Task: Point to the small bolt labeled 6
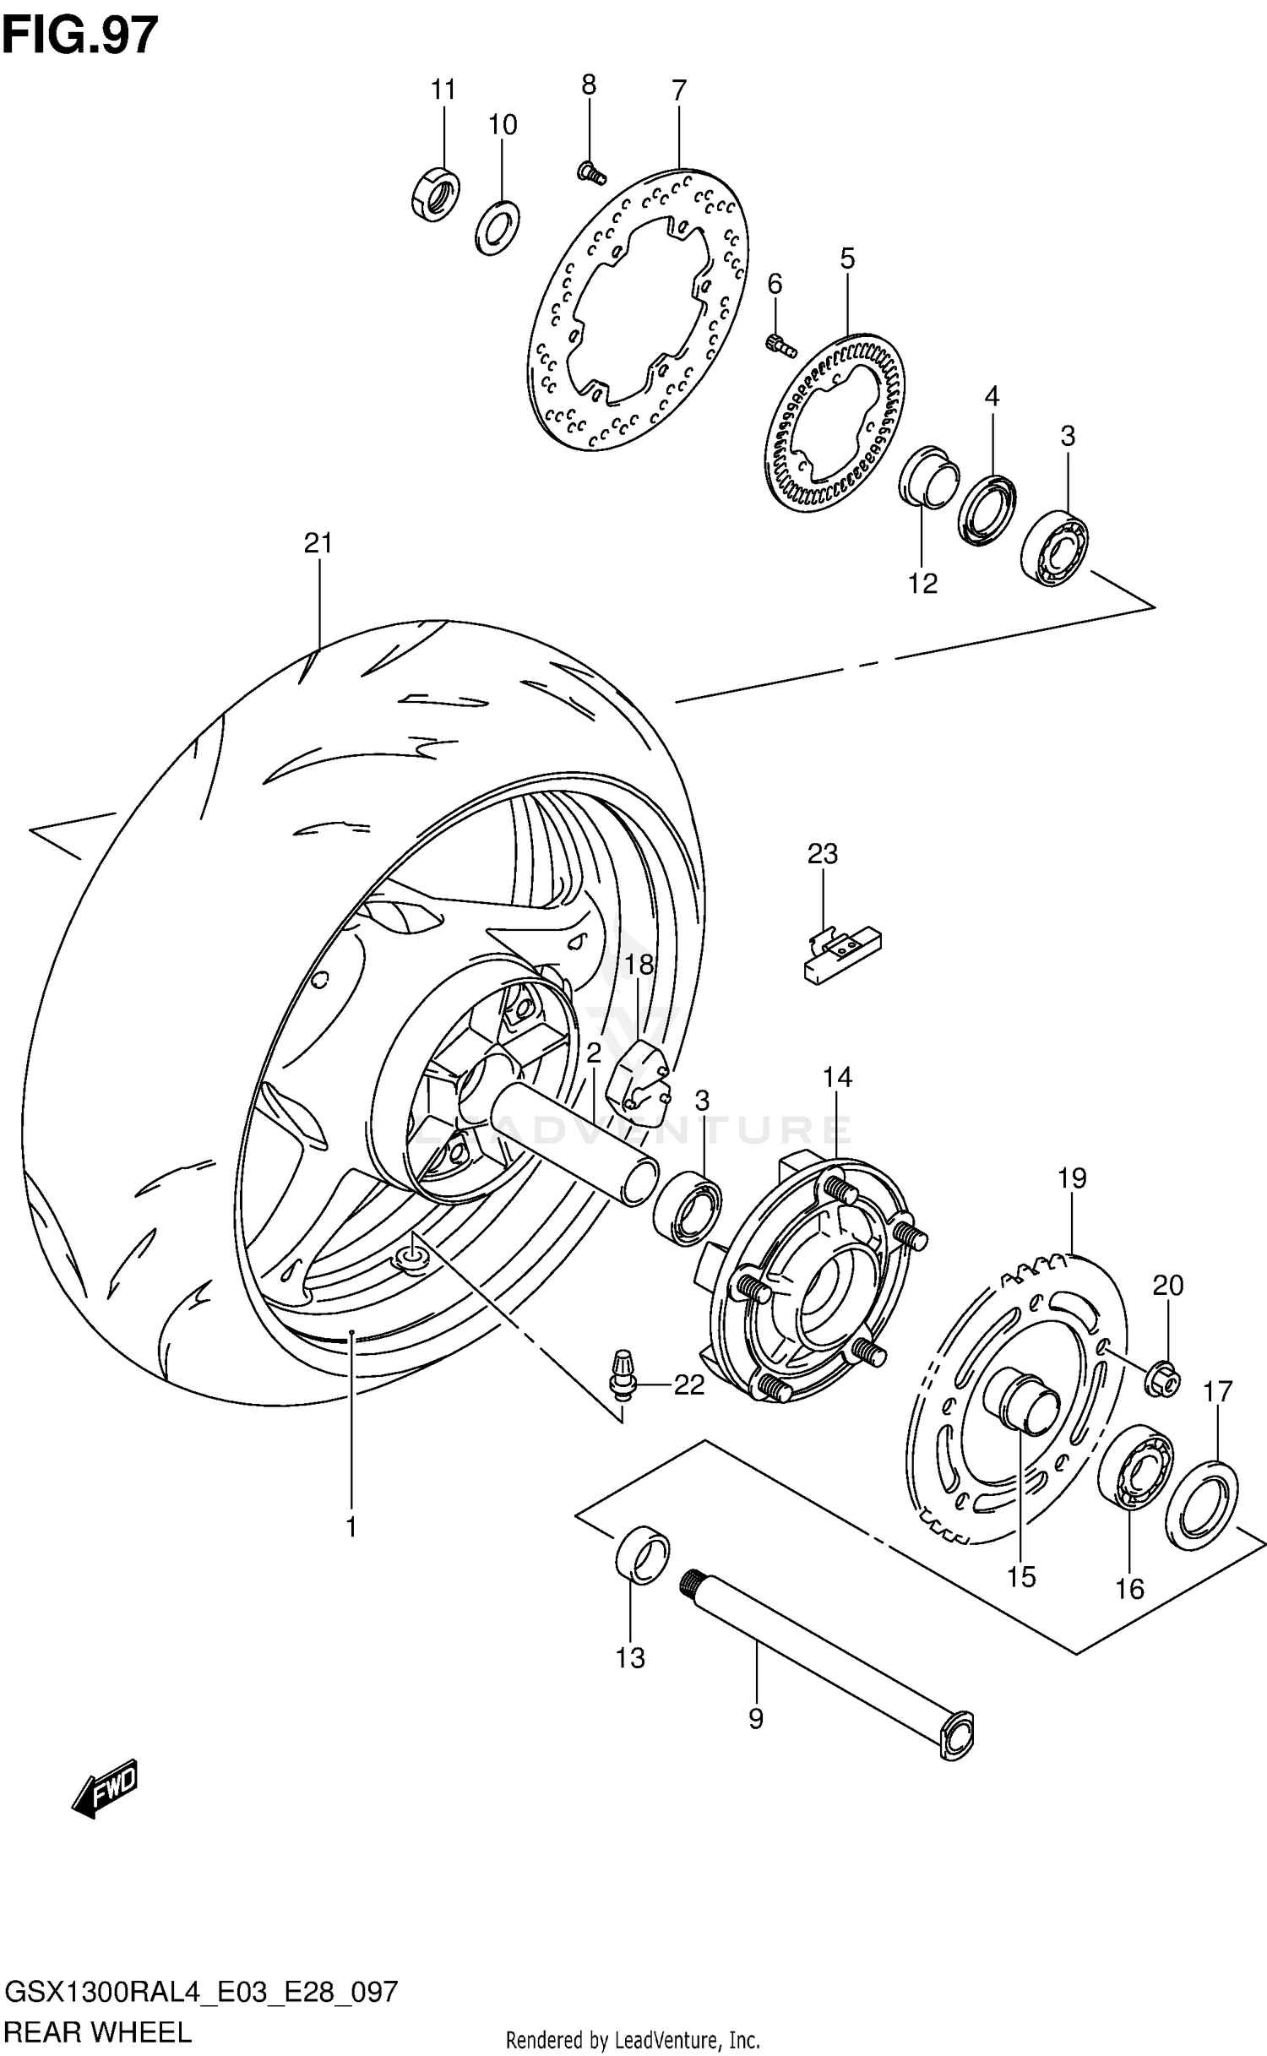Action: tap(780, 344)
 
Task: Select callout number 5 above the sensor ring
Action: tap(847, 258)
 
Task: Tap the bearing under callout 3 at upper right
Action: tap(1054, 548)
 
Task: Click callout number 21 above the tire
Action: tap(318, 543)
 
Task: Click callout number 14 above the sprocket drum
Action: tap(837, 1077)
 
